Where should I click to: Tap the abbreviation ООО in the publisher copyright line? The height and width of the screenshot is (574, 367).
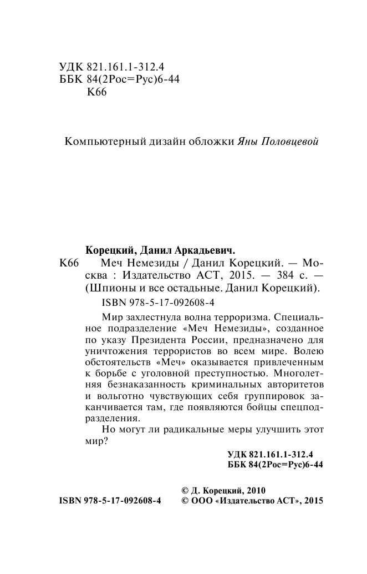(203, 500)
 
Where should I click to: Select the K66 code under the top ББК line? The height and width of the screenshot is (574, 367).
(96, 92)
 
